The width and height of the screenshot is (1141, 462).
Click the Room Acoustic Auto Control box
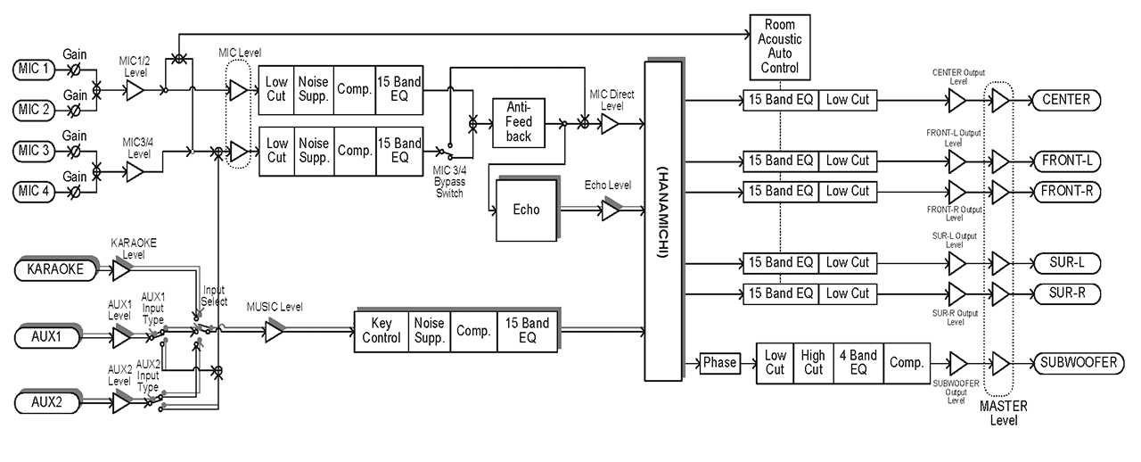pos(779,46)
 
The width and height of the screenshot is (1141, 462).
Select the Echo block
pos(526,210)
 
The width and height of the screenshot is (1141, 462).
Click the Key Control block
pos(382,331)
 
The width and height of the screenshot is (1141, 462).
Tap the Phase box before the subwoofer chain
pos(719,363)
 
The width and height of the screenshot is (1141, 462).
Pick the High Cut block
pos(814,363)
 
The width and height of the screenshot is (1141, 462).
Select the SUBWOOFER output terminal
pos(1077,363)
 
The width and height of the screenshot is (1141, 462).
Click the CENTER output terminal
pos(1066,100)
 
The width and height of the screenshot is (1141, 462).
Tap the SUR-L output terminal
pos(1065,263)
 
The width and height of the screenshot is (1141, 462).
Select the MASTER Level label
pos(1004,413)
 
